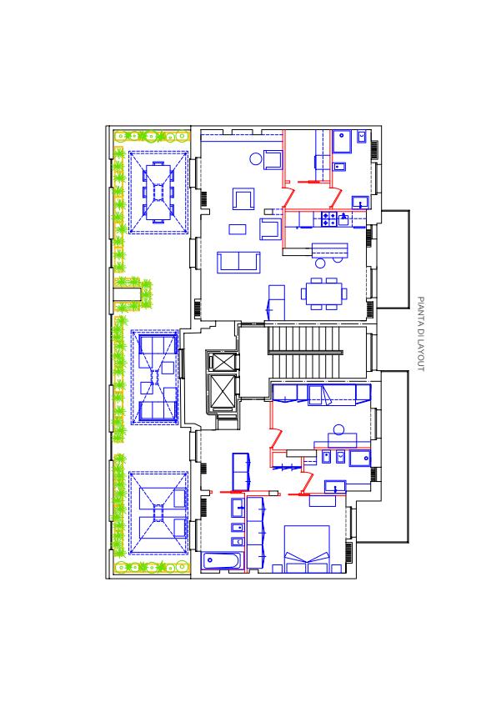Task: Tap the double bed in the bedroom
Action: (x=307, y=549)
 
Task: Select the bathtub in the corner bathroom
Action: (x=222, y=561)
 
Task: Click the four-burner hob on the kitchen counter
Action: (x=329, y=219)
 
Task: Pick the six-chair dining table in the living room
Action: (x=324, y=293)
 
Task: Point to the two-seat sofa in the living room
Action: (x=238, y=263)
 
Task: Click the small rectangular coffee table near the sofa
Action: (x=238, y=229)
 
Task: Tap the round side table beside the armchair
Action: (x=255, y=158)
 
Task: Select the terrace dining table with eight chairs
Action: (x=158, y=192)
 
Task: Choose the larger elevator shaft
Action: (x=223, y=393)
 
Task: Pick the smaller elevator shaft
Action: (x=223, y=362)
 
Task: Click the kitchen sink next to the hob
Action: (x=343, y=219)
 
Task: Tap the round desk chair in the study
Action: (x=338, y=429)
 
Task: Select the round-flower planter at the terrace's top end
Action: (x=151, y=135)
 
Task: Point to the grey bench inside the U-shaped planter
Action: (x=127, y=293)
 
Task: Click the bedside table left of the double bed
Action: (x=277, y=569)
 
